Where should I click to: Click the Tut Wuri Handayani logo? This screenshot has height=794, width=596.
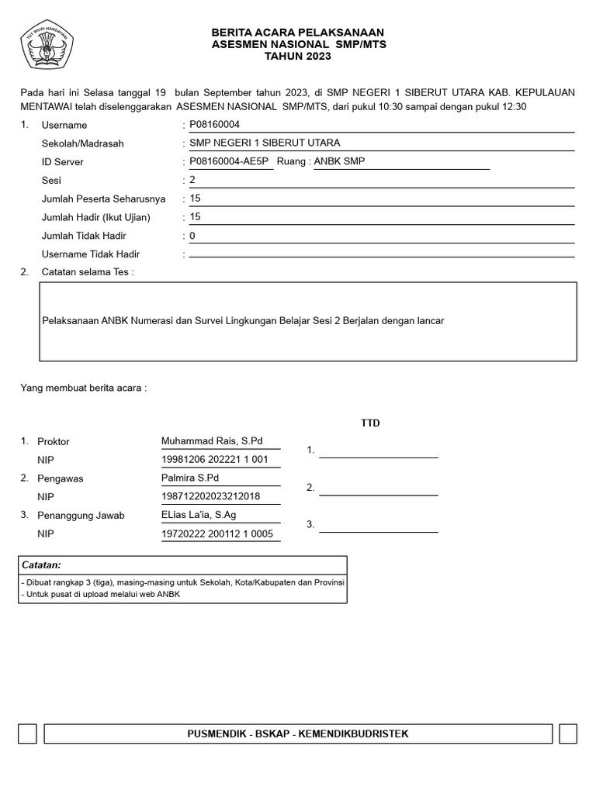pos(51,45)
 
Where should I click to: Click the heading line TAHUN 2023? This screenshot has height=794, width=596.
pos(298,57)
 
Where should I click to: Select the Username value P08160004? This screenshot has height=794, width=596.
pos(215,124)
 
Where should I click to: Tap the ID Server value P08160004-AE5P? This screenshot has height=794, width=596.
pos(228,161)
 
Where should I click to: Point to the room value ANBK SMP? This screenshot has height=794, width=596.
pos(339,161)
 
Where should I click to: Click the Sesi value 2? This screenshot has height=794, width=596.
pos(192,180)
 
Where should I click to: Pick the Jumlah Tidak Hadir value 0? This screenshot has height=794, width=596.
pos(192,236)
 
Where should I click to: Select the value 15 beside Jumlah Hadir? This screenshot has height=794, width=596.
pos(195,217)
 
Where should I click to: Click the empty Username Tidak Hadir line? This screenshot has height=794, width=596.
pos(381,254)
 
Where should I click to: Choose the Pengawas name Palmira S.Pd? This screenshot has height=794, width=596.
pos(190,478)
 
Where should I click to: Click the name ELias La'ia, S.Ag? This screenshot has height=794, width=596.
pos(199,515)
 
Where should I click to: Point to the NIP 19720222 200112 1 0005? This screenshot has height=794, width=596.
pos(217,533)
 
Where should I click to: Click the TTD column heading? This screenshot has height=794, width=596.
pos(370,423)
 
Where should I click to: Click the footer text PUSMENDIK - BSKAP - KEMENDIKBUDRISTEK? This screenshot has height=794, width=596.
pos(298,734)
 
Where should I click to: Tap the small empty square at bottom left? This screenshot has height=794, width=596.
pos(27,734)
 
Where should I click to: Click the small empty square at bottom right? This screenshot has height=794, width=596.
pos(567,734)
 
